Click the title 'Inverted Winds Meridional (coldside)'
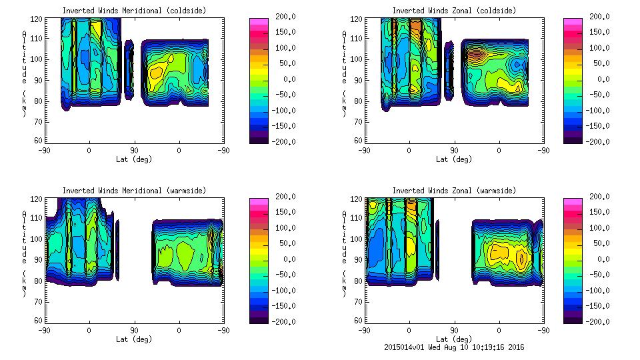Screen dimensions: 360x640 [x=135, y=11]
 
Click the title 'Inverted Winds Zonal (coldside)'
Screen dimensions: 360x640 [x=454, y=11]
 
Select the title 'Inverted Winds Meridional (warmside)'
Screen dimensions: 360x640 [x=135, y=191]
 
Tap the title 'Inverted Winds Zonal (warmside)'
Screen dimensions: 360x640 [x=454, y=191]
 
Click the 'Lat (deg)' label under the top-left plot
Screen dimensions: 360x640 [x=134, y=159]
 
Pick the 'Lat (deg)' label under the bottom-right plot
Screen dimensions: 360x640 [x=454, y=339]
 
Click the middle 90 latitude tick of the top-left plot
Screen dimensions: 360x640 [x=134, y=150]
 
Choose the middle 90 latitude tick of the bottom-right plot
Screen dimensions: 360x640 [x=454, y=330]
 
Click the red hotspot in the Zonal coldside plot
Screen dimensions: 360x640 [x=475, y=53]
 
